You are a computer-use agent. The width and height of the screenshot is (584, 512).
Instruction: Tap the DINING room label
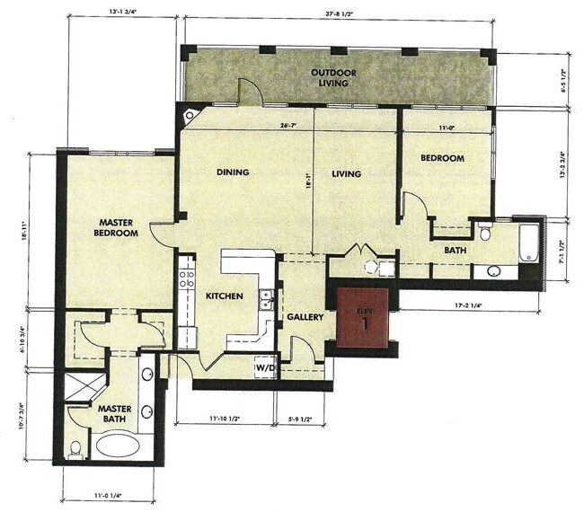[x=232, y=172]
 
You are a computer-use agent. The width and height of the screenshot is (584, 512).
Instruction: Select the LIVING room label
[x=345, y=173]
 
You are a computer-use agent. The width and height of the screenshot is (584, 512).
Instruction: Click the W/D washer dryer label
[x=264, y=367]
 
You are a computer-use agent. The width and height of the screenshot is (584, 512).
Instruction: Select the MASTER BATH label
[x=115, y=414]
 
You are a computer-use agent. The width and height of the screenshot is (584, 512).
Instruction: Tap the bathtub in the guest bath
[x=528, y=243]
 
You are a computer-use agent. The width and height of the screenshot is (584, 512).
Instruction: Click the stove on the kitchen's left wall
[x=186, y=271]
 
